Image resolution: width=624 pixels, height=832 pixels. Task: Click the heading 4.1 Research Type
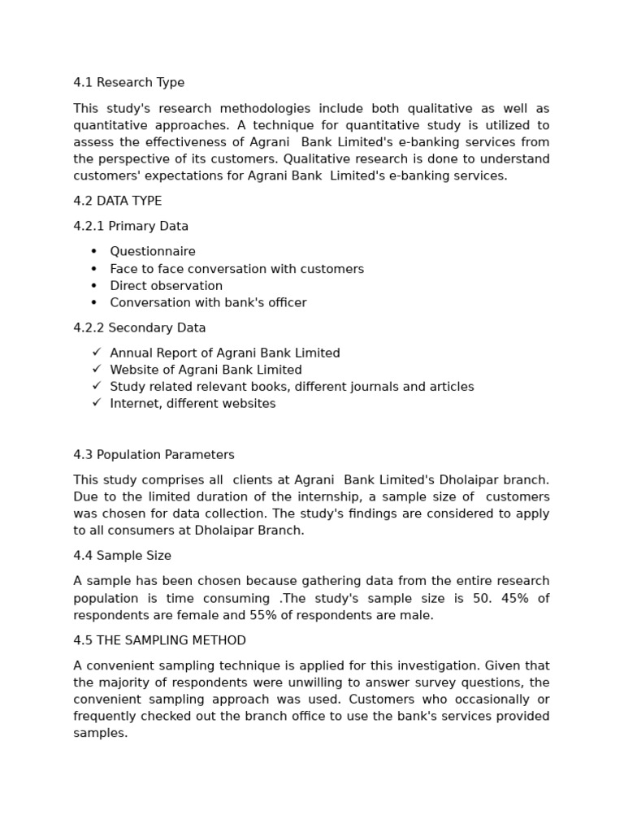128,83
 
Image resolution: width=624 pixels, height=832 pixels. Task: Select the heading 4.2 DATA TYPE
117,201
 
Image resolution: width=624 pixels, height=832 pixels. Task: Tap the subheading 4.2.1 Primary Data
131,227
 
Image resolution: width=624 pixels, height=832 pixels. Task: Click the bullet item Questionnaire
153,252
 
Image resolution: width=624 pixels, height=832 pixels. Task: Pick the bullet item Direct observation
166,286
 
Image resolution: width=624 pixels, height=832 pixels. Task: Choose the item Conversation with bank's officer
208,303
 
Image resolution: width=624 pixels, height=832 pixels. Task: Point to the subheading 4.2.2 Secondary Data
139,328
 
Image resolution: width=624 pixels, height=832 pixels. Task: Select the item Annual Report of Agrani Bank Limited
224,353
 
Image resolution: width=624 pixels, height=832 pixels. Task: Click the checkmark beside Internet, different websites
96,403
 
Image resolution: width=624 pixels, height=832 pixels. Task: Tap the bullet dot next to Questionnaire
94,252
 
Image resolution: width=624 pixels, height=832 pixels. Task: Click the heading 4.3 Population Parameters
154,455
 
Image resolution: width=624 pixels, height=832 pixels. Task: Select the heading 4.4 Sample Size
122,556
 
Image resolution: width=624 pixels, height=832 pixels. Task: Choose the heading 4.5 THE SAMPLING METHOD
159,641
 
